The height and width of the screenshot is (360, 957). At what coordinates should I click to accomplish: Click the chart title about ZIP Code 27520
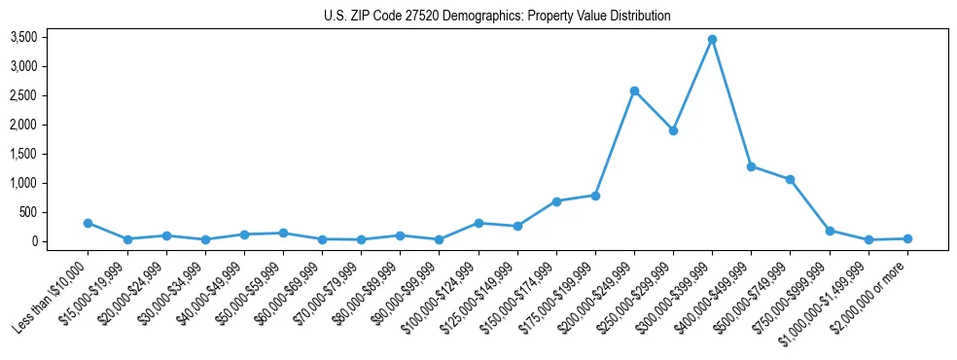(x=497, y=16)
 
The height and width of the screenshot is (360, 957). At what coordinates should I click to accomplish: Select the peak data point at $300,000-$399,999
(x=712, y=39)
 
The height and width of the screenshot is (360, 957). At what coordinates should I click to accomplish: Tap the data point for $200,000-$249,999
(x=634, y=90)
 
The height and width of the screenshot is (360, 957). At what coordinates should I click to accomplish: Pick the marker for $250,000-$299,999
(x=673, y=130)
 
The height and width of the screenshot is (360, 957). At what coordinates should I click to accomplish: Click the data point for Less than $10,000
(x=89, y=223)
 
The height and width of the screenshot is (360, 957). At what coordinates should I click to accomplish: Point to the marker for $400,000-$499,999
(x=751, y=166)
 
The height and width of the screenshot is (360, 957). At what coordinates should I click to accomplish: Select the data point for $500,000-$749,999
(x=790, y=179)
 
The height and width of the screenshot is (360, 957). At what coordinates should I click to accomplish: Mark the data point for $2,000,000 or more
(x=907, y=238)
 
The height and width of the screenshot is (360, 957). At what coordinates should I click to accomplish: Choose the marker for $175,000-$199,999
(x=595, y=196)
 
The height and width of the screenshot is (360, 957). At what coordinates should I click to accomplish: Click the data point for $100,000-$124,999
(x=478, y=223)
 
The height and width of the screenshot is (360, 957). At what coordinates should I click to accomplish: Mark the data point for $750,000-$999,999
(x=830, y=231)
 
